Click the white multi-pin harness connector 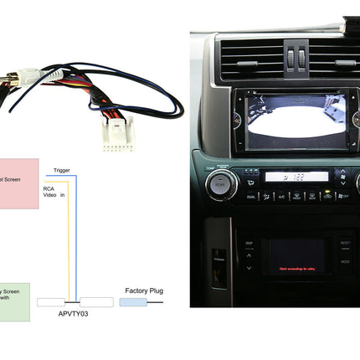(117, 132)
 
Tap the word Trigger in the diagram (62, 170)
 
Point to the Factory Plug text (144, 291)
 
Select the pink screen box (18, 183)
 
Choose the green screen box (14, 301)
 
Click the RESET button (345, 244)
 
